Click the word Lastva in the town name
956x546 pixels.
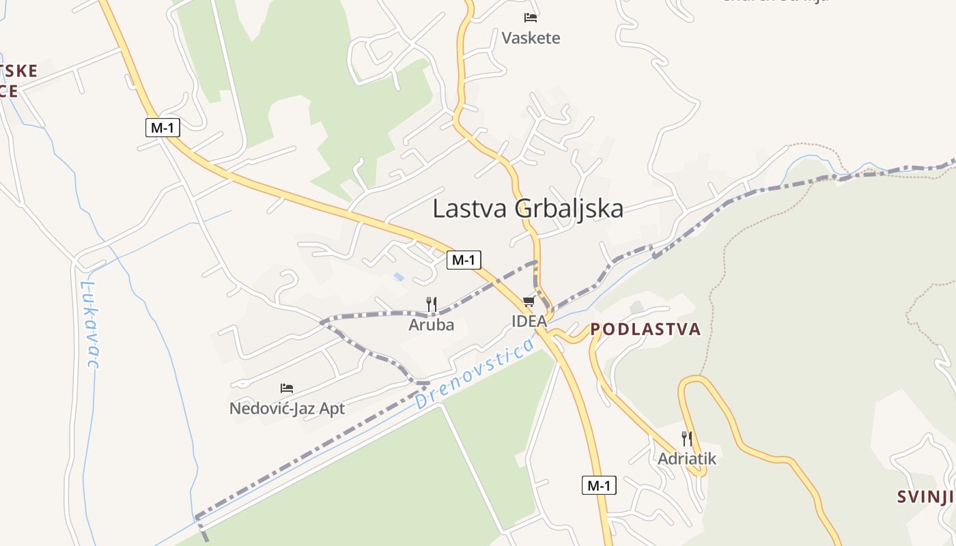click(x=470, y=209)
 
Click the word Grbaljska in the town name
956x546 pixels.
click(x=569, y=209)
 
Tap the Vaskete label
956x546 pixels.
click(x=531, y=38)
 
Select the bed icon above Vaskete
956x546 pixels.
click(x=531, y=18)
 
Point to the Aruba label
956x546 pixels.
click(x=431, y=325)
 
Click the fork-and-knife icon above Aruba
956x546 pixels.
click(x=431, y=304)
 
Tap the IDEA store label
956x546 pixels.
click(x=529, y=321)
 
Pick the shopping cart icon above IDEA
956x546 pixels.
click(x=529, y=302)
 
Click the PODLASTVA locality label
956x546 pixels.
click(x=645, y=330)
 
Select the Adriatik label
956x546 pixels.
click(x=687, y=459)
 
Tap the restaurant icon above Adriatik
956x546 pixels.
click(x=687, y=439)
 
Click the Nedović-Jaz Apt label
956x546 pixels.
click(x=287, y=409)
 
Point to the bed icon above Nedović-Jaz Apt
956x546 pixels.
click(x=287, y=388)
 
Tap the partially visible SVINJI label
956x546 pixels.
click(x=925, y=497)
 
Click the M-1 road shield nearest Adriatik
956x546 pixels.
click(x=599, y=486)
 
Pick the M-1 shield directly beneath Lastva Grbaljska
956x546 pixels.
click(x=464, y=259)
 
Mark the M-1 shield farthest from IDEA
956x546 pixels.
click(x=163, y=127)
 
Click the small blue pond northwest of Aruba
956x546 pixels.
click(x=398, y=276)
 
